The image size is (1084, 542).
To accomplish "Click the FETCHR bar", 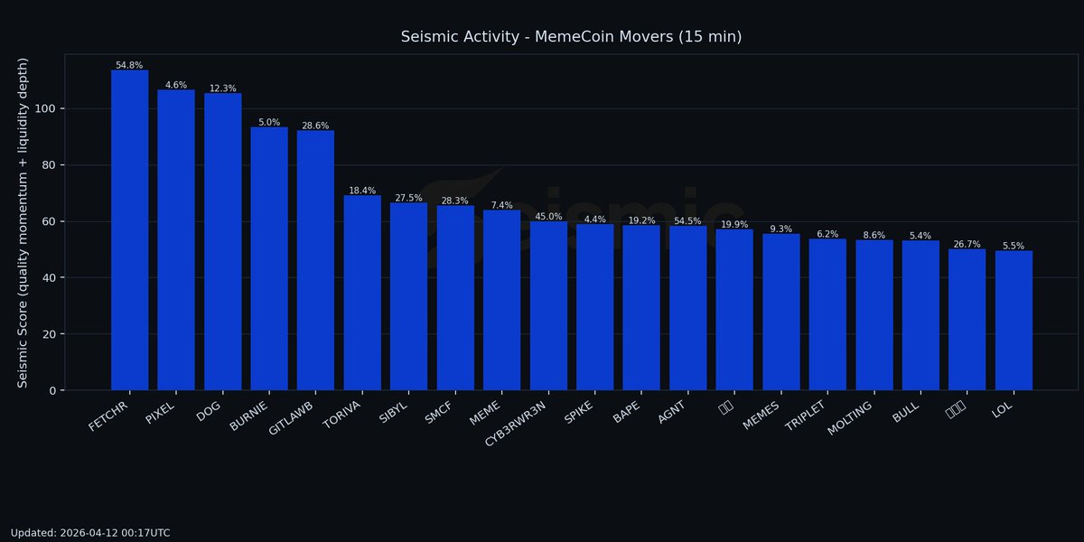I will click(129, 230).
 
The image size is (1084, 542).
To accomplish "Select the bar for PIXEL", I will click(176, 240).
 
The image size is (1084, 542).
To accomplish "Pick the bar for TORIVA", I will click(362, 293).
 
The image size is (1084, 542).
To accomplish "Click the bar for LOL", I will click(1014, 321).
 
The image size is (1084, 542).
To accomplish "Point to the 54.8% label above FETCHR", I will click(129, 65).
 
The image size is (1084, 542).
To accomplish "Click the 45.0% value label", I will click(548, 217).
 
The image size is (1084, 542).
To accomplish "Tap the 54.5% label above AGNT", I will click(687, 221).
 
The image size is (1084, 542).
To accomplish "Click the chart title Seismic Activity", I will click(571, 37).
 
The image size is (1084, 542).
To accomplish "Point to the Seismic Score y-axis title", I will click(23, 222).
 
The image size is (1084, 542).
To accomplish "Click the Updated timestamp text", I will click(90, 533).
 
